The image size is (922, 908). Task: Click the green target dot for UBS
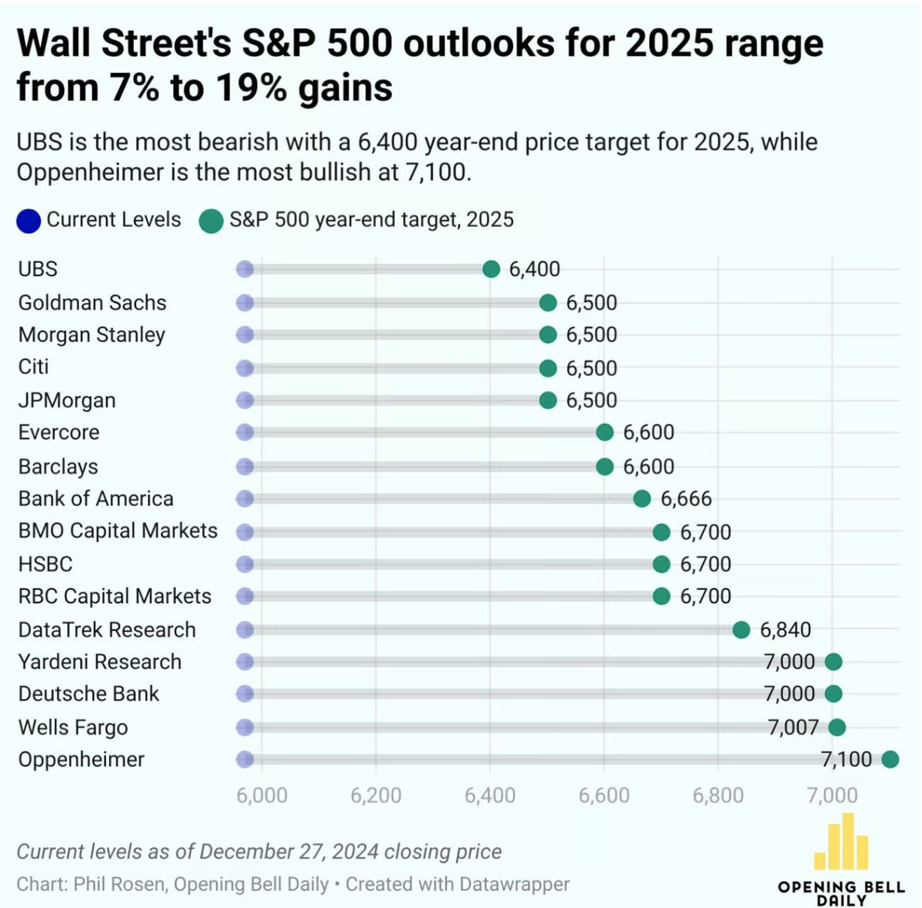[x=491, y=269]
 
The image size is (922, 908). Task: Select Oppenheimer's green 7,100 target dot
[x=890, y=759]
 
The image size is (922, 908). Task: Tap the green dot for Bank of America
[x=641, y=498]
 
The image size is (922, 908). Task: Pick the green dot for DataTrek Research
[x=741, y=630]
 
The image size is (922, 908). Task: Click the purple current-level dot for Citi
[x=244, y=368]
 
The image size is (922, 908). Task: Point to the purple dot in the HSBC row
[x=244, y=564]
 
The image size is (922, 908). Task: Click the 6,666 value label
[x=686, y=498]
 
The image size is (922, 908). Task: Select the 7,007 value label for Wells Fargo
[x=793, y=727]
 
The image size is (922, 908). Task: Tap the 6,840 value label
[x=785, y=630]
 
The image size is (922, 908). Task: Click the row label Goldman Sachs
[x=92, y=302]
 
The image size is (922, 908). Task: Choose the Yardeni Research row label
[x=99, y=661]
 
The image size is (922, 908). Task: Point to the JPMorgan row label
[x=67, y=400]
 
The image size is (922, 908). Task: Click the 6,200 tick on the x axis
[x=375, y=795]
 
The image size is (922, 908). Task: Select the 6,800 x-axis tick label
[x=717, y=795]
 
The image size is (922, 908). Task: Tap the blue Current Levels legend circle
[x=29, y=221]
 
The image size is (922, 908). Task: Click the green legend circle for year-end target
[x=211, y=221]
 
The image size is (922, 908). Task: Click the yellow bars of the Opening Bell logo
[x=842, y=843]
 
